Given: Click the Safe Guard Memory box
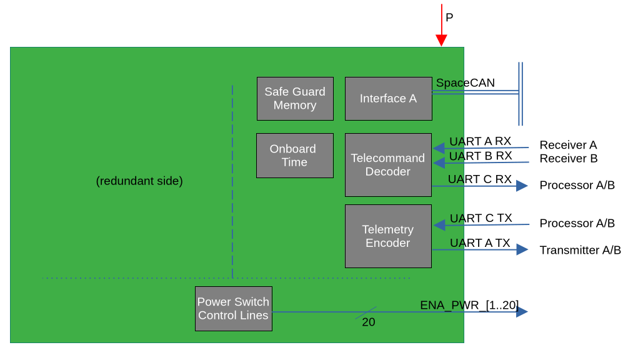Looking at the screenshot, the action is click(x=295, y=99).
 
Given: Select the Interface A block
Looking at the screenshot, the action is click(x=389, y=99).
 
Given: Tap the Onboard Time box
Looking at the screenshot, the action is click(x=295, y=156).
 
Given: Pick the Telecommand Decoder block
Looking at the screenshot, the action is click(x=388, y=165).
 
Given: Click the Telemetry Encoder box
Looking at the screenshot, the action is click(x=388, y=236).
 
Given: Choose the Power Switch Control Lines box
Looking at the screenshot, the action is click(x=234, y=309).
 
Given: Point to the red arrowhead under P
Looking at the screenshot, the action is click(x=441, y=40).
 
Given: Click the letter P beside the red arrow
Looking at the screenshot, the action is click(x=449, y=17).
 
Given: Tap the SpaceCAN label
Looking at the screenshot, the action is click(x=466, y=83).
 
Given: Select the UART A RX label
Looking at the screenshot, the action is click(x=480, y=141).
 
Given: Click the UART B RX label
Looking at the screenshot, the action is click(x=481, y=156).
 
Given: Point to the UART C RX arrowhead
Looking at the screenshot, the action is click(x=522, y=186).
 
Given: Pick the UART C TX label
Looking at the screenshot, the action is click(x=481, y=219).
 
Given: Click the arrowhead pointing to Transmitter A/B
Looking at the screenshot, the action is click(x=522, y=249).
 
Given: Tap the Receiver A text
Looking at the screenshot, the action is click(x=569, y=145).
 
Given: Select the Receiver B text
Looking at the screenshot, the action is click(x=569, y=158).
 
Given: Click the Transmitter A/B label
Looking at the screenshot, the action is click(x=581, y=250).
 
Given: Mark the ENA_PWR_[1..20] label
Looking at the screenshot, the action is click(x=469, y=305).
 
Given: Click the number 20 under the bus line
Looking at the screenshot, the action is click(x=369, y=322).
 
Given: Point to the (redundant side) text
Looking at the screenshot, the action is click(x=139, y=181).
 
